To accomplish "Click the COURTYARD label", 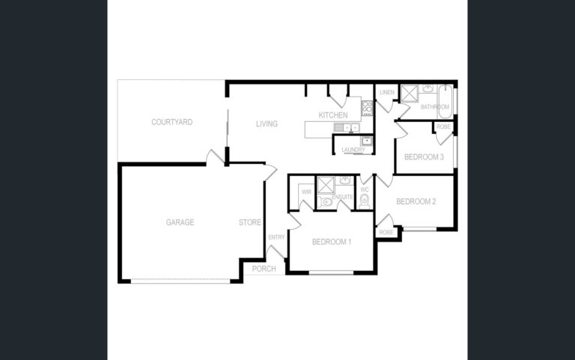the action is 172,122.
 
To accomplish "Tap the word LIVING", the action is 267,124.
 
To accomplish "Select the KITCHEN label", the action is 333,115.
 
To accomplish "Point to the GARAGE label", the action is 180,222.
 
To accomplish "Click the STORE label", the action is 250,222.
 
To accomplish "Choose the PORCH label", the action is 264,269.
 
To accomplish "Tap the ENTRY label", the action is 276,237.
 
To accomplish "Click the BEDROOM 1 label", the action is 332,242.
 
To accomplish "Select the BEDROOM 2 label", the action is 416,201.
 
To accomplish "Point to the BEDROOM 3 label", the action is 424,157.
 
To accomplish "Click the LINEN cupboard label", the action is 387,92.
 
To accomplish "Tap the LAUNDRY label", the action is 353,150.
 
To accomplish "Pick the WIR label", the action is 306,192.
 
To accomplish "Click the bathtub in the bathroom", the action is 445,102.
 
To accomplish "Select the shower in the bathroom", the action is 410,92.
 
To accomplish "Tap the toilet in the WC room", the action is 364,201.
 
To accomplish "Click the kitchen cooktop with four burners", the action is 368,108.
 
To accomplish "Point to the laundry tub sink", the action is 366,141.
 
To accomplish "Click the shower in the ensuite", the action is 326,184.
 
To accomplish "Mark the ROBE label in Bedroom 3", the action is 443,126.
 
